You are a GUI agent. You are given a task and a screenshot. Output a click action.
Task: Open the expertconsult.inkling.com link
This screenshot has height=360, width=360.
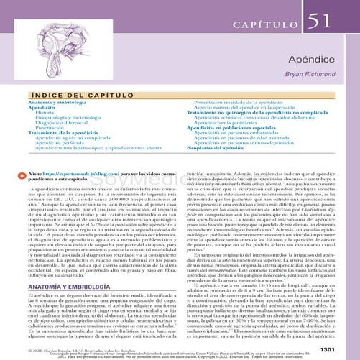[86, 173]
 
